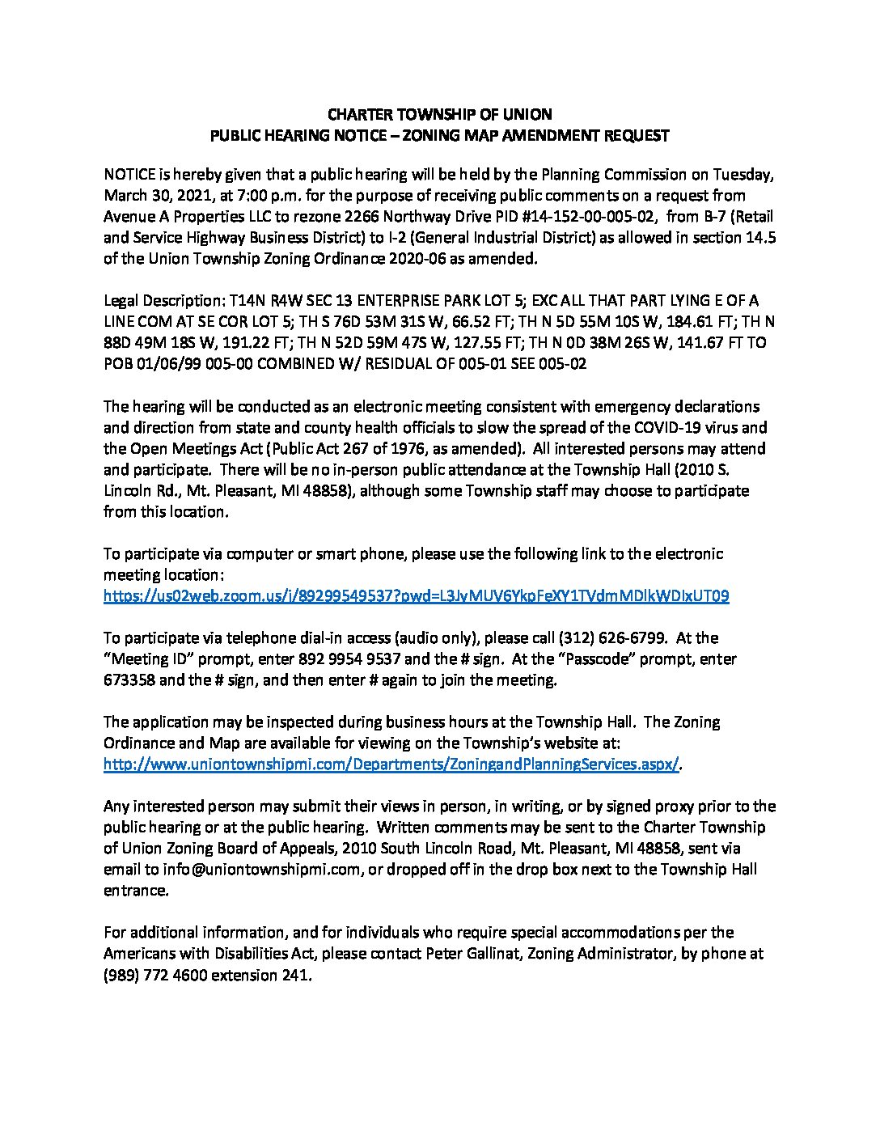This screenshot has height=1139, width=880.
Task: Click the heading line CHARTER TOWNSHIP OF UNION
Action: [x=439, y=115]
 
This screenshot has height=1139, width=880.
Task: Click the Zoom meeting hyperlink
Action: [x=417, y=596]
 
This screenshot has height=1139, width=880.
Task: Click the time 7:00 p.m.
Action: [x=230, y=196]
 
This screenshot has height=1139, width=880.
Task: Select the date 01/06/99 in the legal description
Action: [x=164, y=364]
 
